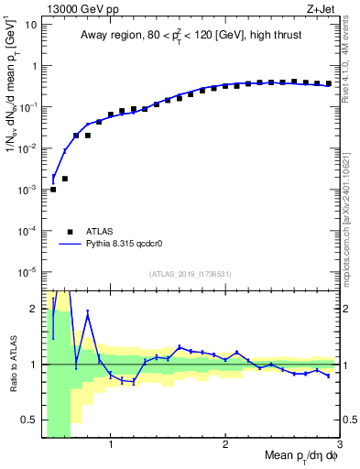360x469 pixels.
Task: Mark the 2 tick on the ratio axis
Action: tap(34, 309)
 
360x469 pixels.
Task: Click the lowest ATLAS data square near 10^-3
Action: tap(53, 190)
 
